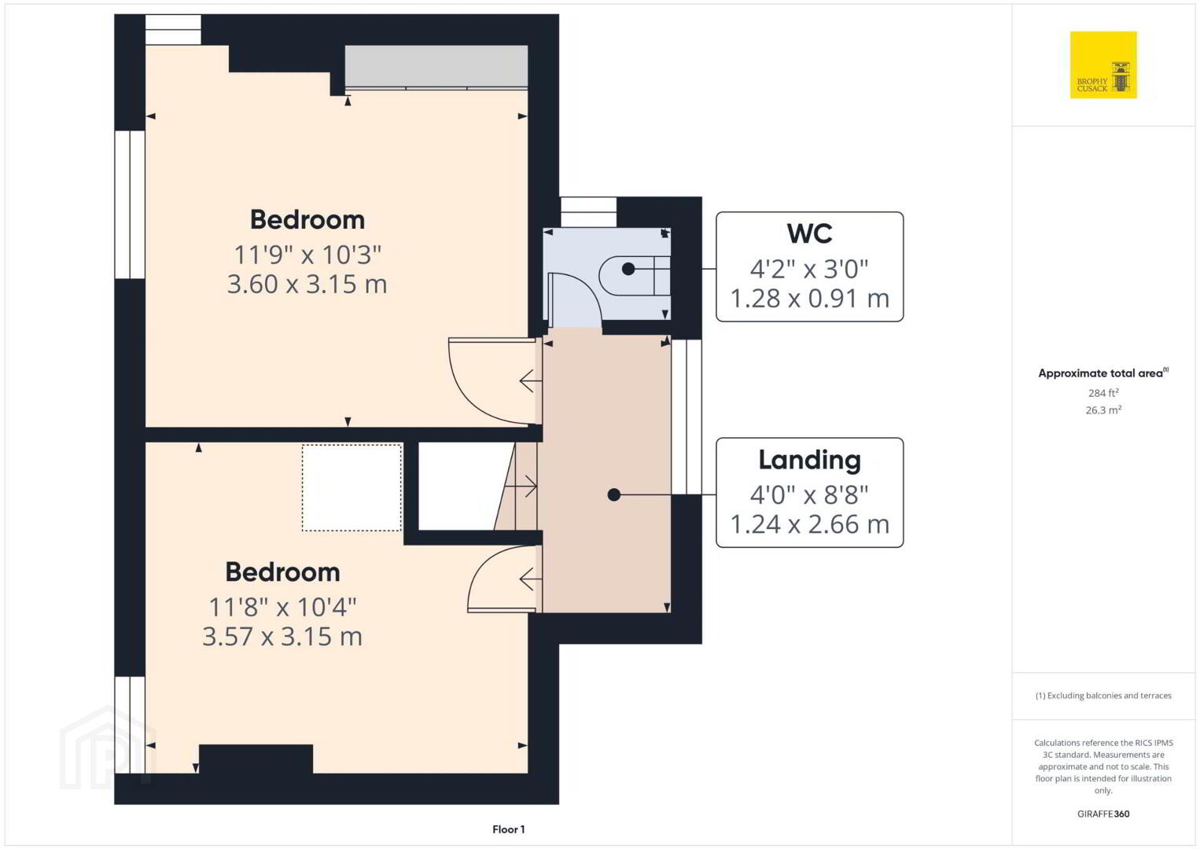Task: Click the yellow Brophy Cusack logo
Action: pyautogui.click(x=1103, y=64)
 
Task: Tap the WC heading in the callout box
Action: pyautogui.click(x=809, y=233)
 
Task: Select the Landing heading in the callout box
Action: pyautogui.click(x=809, y=460)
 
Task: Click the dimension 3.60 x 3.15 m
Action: pyautogui.click(x=307, y=284)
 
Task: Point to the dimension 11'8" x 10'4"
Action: pyautogui.click(x=282, y=607)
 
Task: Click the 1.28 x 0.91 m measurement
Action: pyautogui.click(x=809, y=299)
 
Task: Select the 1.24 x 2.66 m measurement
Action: pyautogui.click(x=809, y=524)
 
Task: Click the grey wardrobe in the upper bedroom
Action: pyautogui.click(x=436, y=66)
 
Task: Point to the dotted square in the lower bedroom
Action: pyautogui.click(x=352, y=487)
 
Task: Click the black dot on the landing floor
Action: pyautogui.click(x=614, y=495)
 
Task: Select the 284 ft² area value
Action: pyautogui.click(x=1103, y=392)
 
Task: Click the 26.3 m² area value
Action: pyautogui.click(x=1103, y=410)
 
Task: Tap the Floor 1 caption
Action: pyautogui.click(x=509, y=829)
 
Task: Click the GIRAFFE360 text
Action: pyautogui.click(x=1103, y=814)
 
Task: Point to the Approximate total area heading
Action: pyautogui.click(x=1103, y=373)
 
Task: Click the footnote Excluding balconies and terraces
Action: pyautogui.click(x=1103, y=695)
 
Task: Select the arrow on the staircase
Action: pyautogui.click(x=521, y=487)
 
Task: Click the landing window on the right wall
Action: pyautogui.click(x=687, y=417)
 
